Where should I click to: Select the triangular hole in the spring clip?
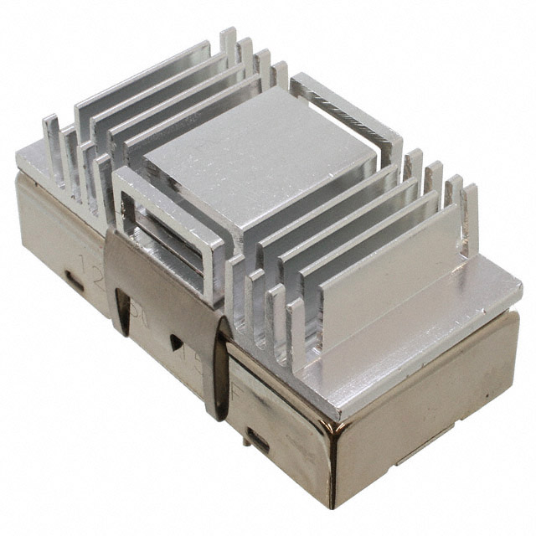click(x=177, y=343)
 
